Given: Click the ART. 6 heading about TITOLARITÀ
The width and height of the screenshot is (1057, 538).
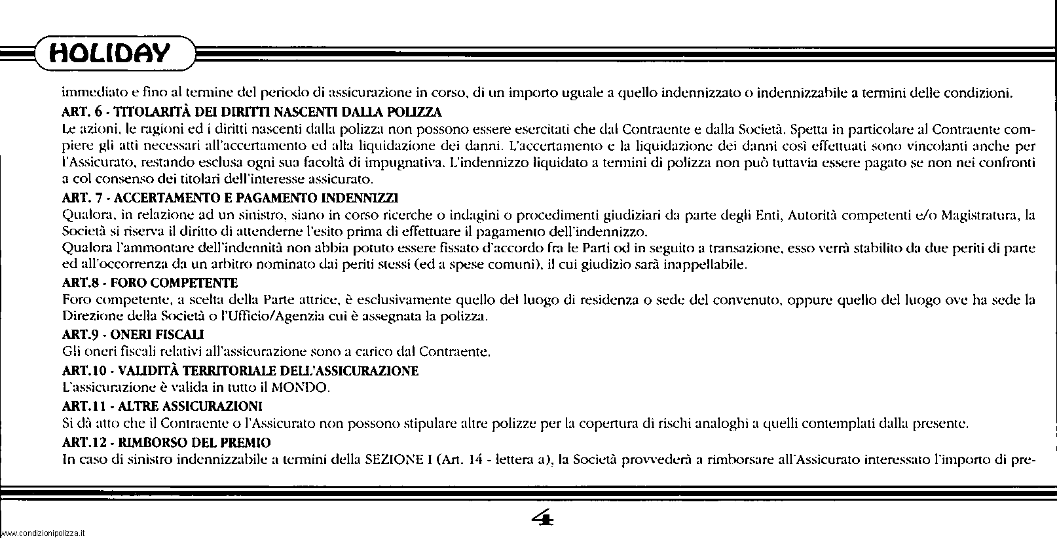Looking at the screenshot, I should (251, 111).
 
